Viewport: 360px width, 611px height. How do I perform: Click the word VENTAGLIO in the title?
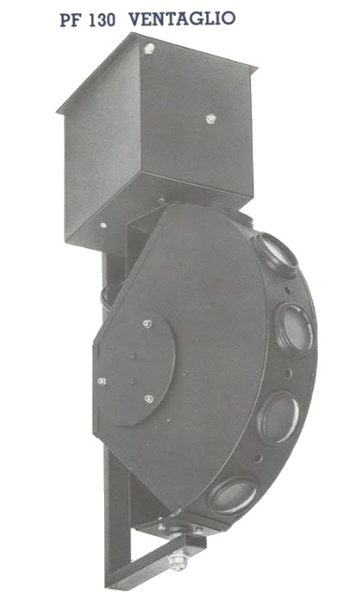(182, 19)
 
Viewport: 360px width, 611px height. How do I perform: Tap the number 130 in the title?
(102, 20)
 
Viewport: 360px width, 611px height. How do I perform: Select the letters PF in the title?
(70, 20)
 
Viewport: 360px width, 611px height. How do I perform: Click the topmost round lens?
(276, 254)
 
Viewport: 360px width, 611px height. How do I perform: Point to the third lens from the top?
(279, 418)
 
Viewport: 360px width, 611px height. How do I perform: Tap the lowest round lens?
(233, 495)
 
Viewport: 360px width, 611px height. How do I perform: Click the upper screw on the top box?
(149, 49)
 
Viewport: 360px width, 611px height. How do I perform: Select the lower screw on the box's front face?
(211, 118)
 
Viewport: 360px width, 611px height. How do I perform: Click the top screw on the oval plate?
(147, 323)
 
